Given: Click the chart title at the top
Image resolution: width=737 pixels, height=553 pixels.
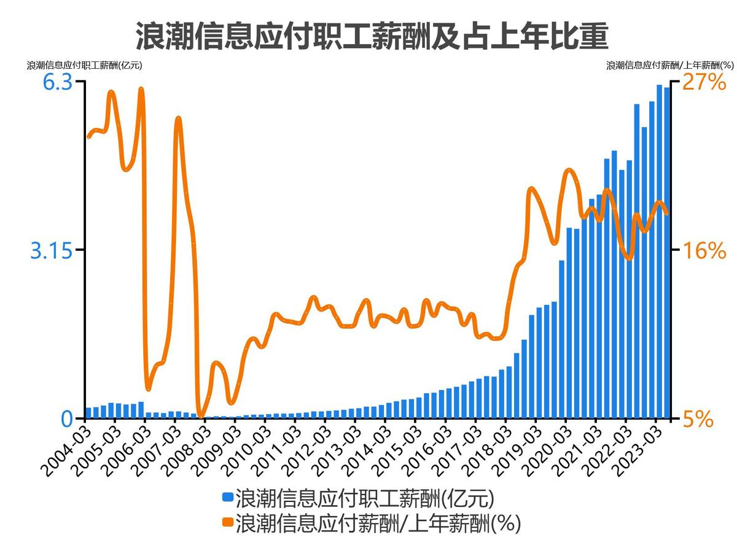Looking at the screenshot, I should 372,36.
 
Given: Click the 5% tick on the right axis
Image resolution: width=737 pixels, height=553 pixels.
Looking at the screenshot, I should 698,419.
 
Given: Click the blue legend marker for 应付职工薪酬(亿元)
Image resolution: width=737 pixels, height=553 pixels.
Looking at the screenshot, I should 227,496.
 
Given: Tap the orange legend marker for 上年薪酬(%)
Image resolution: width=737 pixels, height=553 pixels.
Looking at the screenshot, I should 227,522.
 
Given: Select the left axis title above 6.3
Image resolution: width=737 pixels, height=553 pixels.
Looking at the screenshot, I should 84,65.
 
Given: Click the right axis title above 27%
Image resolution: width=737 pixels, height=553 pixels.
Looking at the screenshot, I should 670,65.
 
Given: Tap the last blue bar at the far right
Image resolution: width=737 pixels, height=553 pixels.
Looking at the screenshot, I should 667,253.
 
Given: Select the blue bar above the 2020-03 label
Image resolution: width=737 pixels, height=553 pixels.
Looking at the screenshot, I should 569,323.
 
